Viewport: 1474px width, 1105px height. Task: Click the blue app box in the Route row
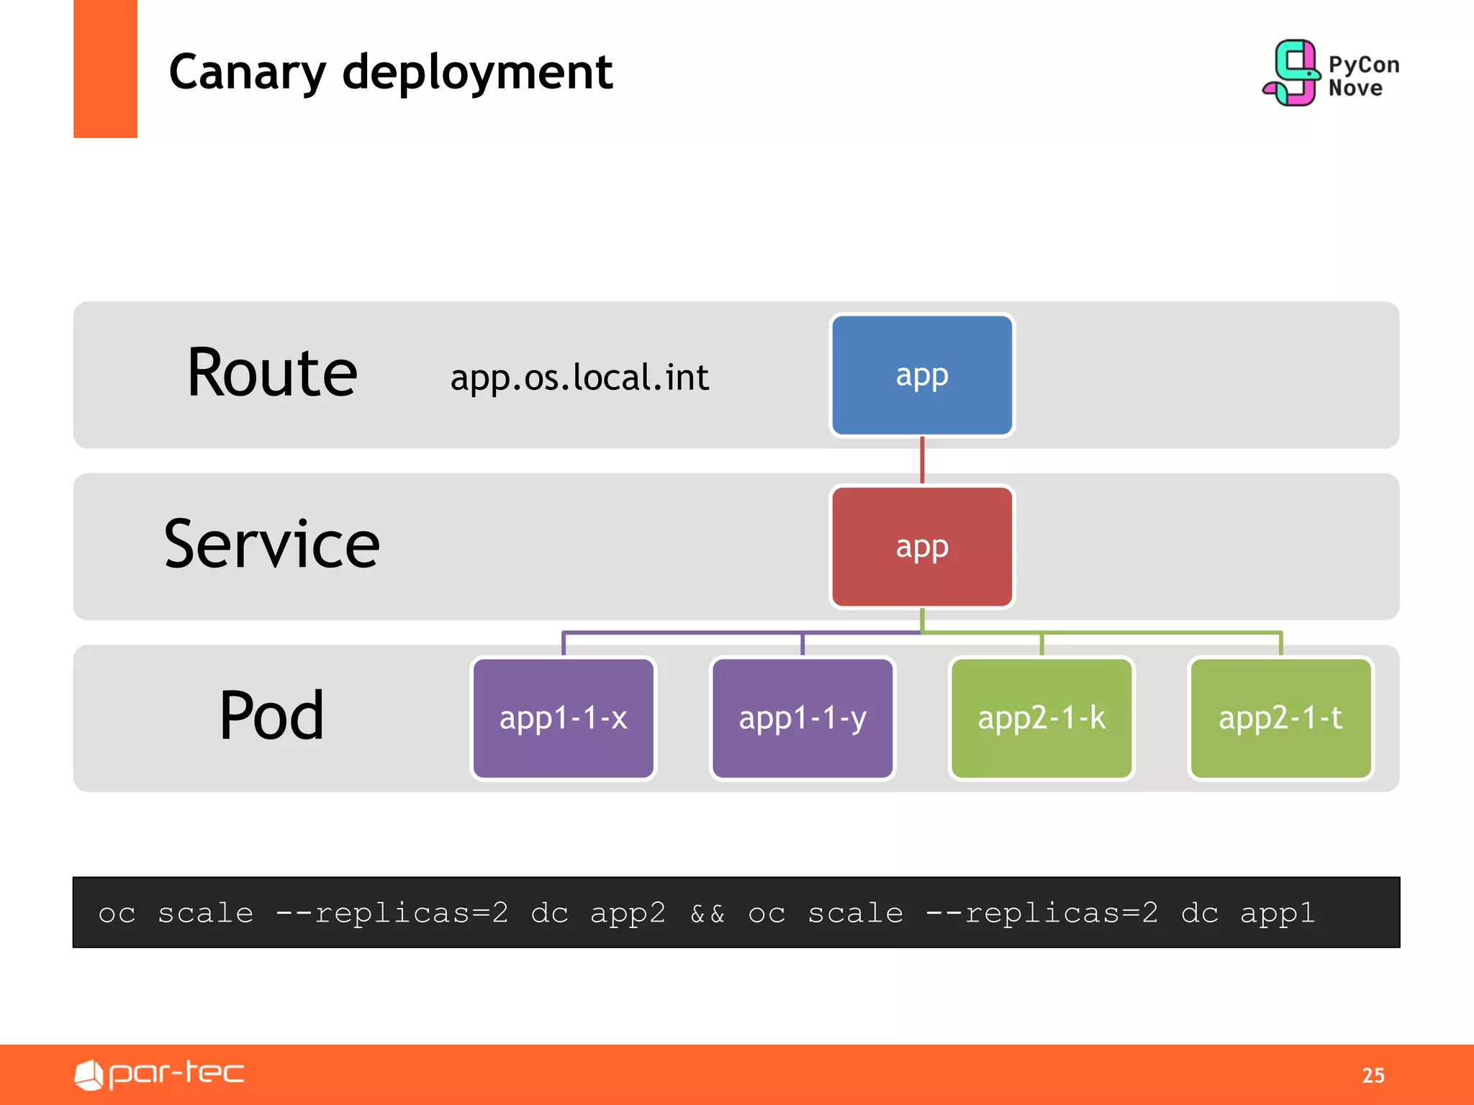click(921, 375)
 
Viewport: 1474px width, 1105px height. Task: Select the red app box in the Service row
click(921, 547)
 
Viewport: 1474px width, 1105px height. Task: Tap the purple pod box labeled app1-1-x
click(563, 718)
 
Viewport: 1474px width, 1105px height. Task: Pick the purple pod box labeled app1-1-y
click(802, 718)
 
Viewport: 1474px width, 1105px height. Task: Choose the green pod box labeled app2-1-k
click(1041, 718)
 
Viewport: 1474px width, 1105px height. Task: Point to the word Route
click(272, 373)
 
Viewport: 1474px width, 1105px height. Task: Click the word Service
click(271, 545)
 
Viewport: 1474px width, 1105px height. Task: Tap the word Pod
click(271, 715)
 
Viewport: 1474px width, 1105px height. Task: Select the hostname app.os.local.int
click(579, 378)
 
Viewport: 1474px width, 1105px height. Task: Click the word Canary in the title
click(247, 73)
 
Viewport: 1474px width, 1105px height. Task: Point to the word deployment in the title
click(477, 73)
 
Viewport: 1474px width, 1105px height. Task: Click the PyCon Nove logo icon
click(1292, 73)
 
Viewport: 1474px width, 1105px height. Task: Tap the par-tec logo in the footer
click(160, 1074)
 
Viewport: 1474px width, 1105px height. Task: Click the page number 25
click(1373, 1076)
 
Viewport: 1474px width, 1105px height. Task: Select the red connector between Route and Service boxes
click(922, 460)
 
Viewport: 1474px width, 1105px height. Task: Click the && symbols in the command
click(707, 914)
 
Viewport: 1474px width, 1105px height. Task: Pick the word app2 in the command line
click(628, 914)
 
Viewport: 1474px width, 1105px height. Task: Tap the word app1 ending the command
click(1278, 914)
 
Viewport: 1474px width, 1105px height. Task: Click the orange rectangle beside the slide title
click(105, 68)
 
